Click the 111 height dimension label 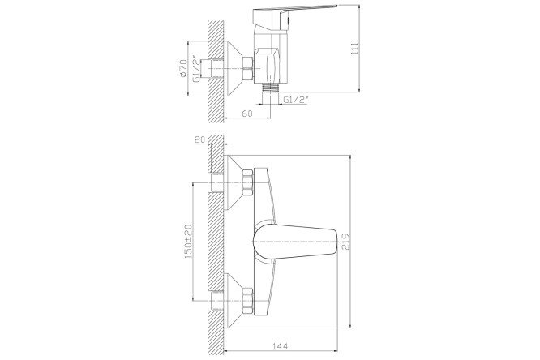pyautogui.click(x=354, y=48)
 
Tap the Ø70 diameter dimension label pyautogui.click(x=183, y=69)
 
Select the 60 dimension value pyautogui.click(x=247, y=114)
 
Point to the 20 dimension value pyautogui.click(x=200, y=139)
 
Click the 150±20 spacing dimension pyautogui.click(x=188, y=241)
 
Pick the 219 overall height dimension pyautogui.click(x=345, y=241)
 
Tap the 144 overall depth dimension pyautogui.click(x=280, y=346)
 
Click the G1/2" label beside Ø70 pyautogui.click(x=196, y=69)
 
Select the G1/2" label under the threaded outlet pyautogui.click(x=296, y=100)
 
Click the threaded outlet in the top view pyautogui.click(x=270, y=88)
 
